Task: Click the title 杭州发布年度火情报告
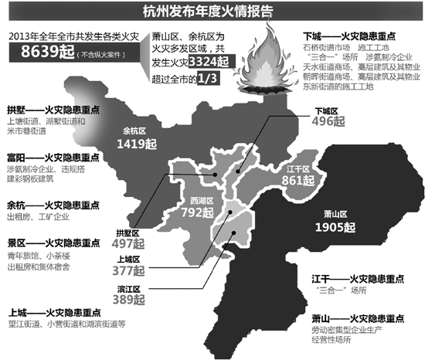click(212, 12)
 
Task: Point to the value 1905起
click(336, 227)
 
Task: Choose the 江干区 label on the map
click(297, 170)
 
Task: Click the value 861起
click(299, 182)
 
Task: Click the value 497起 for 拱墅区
click(123, 244)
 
